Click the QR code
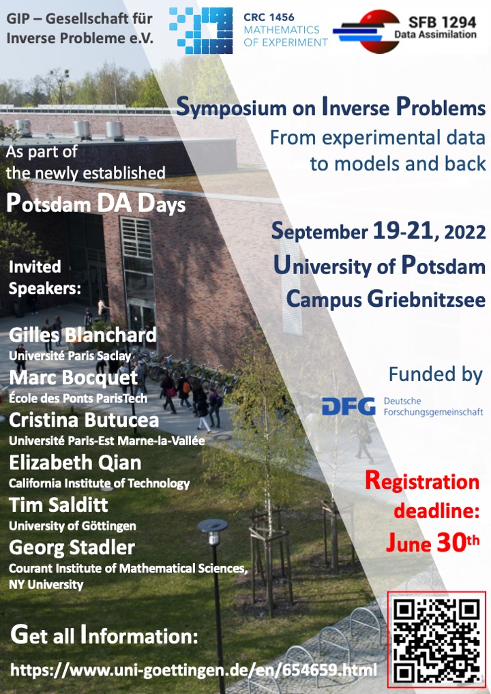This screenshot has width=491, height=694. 436,640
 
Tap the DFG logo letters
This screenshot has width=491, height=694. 348,406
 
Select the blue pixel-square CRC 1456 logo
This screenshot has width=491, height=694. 201,30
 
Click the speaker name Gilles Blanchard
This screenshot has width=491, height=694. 83,335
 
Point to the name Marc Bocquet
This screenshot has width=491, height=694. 74,378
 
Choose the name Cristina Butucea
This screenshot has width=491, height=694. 84,420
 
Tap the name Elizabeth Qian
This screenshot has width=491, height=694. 75,462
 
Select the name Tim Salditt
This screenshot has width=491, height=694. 59,505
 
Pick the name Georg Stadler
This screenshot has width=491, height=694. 72,547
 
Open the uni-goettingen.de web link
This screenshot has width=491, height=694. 194,669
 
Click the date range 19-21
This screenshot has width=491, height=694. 403,230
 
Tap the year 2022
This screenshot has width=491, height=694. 465,232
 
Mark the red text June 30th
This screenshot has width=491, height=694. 432,543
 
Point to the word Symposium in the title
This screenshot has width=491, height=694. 231,108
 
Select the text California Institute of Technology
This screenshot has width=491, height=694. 99,483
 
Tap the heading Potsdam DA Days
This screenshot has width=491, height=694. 95,204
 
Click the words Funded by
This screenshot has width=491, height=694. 435,374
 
